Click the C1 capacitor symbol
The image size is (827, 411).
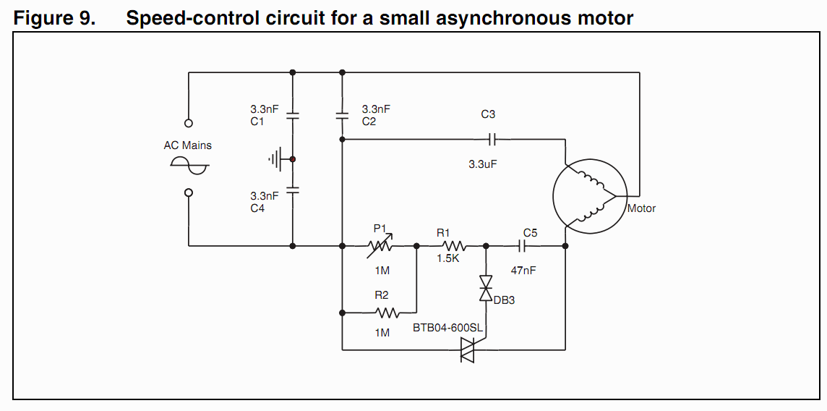tap(293, 116)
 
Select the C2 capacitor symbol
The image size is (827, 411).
tap(343, 116)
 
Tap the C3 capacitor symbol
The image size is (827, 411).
tap(492, 139)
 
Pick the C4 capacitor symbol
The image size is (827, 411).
tap(293, 190)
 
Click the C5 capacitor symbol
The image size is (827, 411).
tap(522, 246)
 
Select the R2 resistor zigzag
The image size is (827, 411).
tap(387, 313)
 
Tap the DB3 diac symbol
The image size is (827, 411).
tap(486, 288)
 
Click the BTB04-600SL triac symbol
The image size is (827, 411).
tap(468, 349)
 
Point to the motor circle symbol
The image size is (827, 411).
tap(590, 196)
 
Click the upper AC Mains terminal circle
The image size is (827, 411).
tap(188, 124)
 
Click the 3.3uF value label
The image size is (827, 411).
tap(483, 164)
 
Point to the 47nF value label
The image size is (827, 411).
tap(523, 270)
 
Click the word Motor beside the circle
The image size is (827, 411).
tap(641, 208)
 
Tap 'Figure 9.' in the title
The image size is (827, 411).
tap(54, 19)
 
